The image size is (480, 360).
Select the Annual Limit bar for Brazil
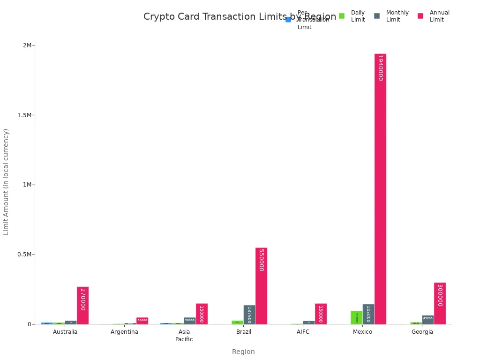(261, 286)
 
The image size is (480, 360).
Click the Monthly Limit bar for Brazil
(249, 315)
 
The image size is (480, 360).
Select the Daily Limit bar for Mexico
(356, 317)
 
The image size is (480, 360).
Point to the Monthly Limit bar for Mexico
(368, 314)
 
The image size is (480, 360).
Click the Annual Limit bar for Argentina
(142, 321)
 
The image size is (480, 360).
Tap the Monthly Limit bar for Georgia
(427, 320)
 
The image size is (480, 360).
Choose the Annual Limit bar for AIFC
(321, 314)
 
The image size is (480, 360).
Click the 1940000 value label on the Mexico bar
(380, 68)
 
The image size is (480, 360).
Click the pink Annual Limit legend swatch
(420, 16)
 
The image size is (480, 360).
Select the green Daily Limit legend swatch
(342, 16)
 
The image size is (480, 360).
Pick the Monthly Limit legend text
(397, 16)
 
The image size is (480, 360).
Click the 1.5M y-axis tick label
(24, 115)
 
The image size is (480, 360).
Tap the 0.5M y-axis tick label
(24, 255)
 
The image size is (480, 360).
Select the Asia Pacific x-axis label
(184, 336)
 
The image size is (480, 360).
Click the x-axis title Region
(243, 352)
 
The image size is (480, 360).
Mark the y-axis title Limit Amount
(6, 181)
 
